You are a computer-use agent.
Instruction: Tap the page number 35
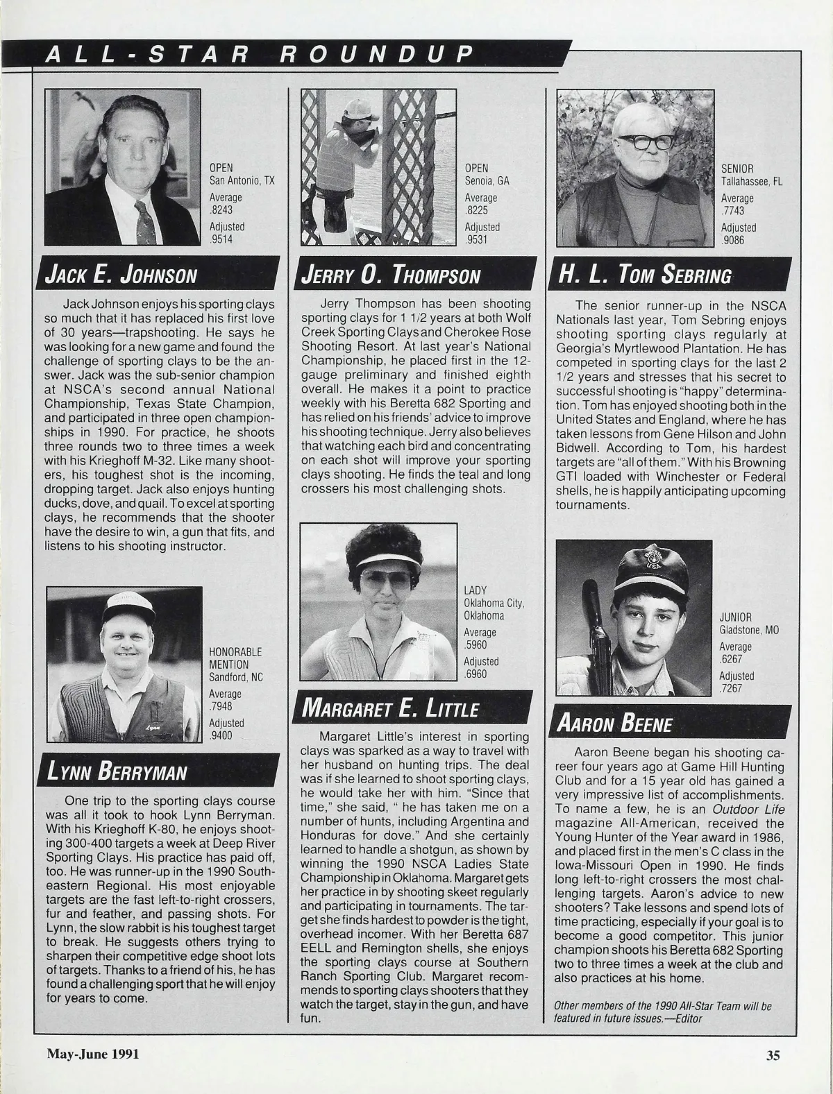(773, 1055)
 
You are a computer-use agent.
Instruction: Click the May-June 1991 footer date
(93, 1054)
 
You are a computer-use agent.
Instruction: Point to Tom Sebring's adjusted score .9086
(732, 241)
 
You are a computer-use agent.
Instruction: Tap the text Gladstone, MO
(749, 631)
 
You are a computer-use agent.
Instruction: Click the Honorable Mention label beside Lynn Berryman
(235, 658)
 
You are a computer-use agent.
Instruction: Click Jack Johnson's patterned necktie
(145, 222)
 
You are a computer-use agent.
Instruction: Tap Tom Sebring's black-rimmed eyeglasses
(646, 142)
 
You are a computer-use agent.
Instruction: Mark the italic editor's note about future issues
(662, 1012)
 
